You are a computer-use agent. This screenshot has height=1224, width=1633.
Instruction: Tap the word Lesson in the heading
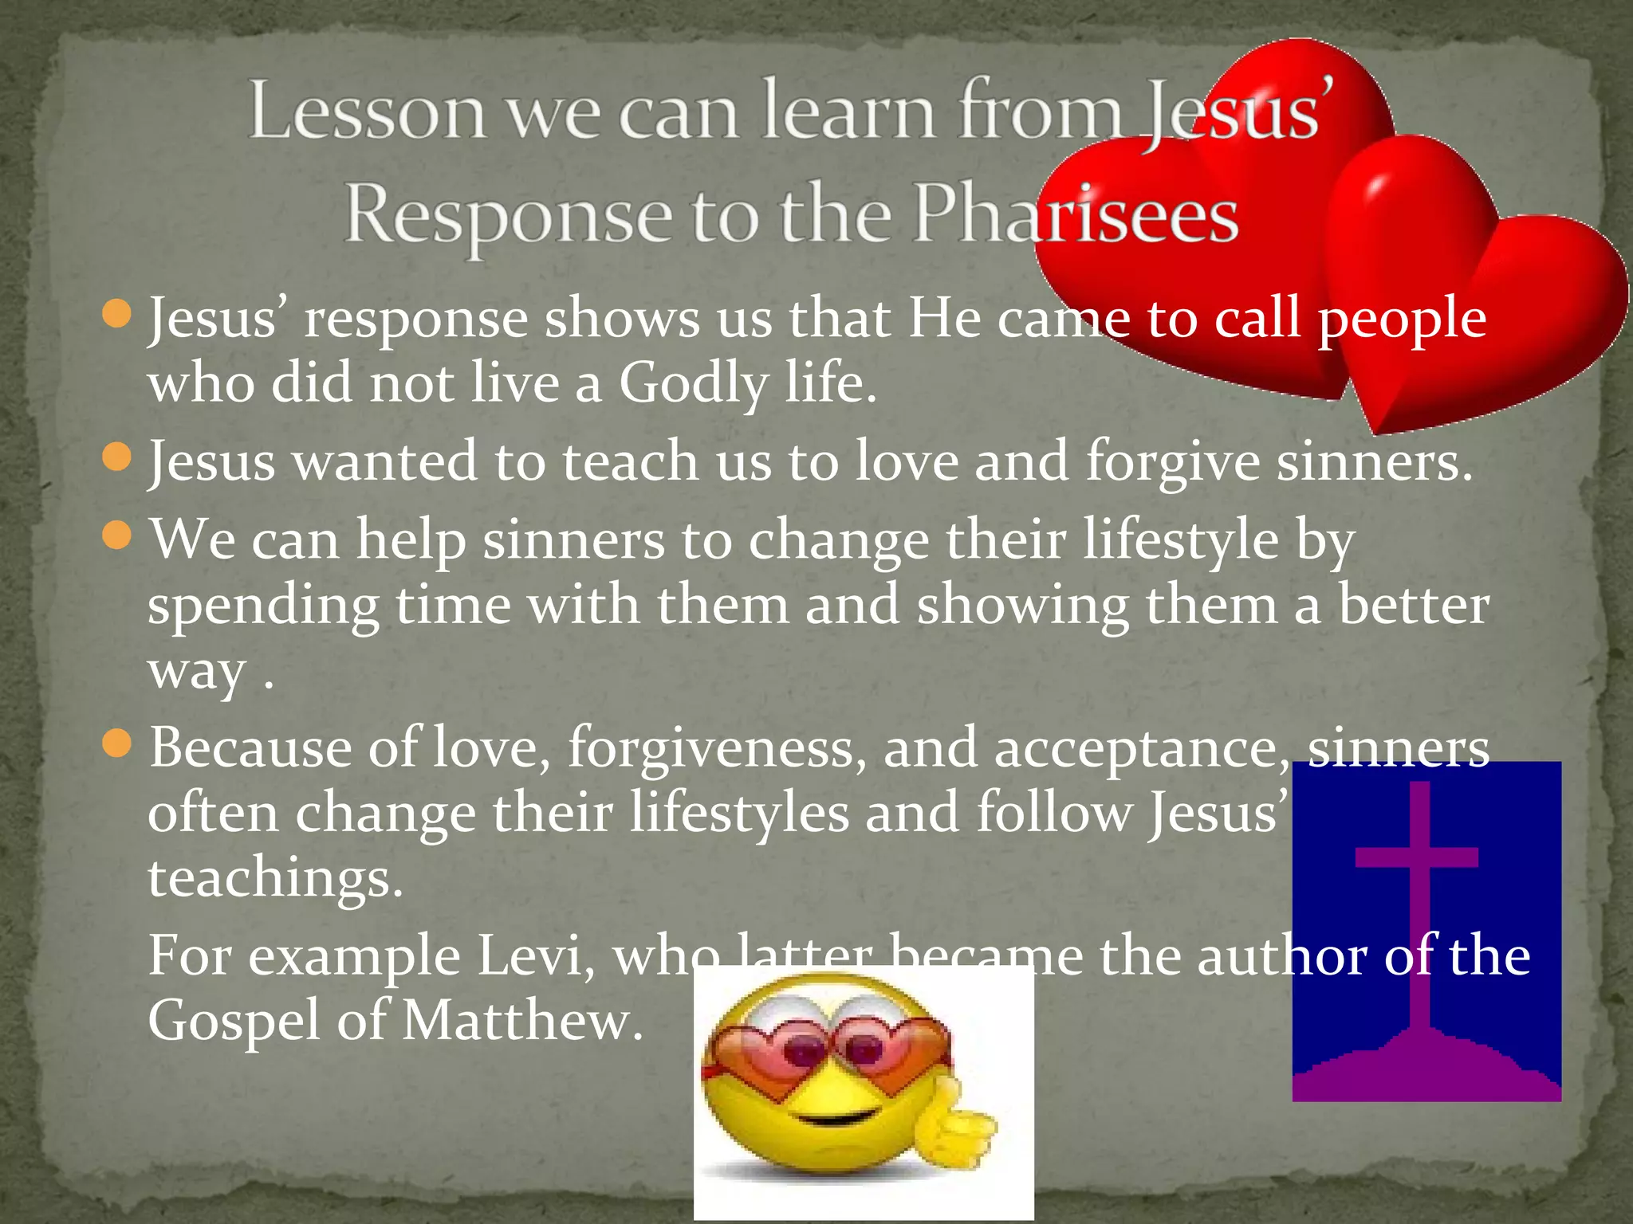(367, 112)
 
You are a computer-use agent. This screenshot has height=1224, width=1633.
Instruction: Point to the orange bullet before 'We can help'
(117, 535)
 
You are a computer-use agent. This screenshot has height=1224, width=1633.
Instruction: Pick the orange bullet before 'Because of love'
(117, 744)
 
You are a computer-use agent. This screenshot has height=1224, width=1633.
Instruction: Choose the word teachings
(275, 878)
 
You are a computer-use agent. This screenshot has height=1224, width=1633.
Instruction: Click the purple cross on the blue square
(1418, 892)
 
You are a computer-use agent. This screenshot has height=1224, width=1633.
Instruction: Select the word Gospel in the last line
(234, 1022)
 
